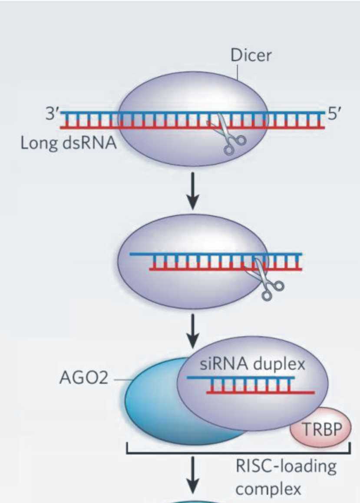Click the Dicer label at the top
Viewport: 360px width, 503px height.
[251, 56]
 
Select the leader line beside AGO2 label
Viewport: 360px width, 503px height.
[122, 380]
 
